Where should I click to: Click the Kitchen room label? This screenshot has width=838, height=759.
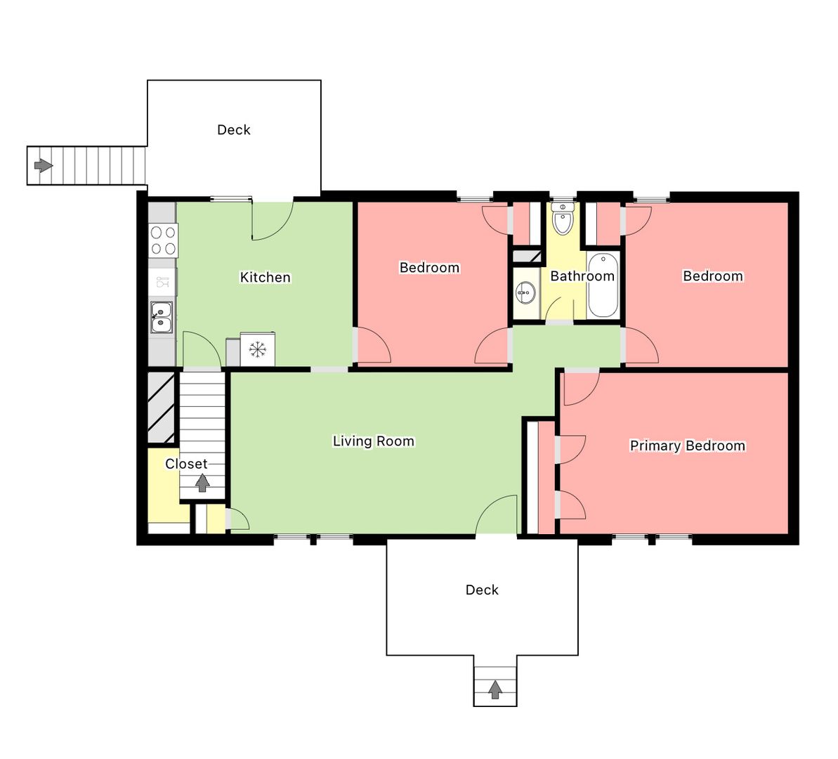tap(265, 277)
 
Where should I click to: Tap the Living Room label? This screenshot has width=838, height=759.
tap(374, 441)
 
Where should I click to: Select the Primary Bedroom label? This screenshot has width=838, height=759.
tap(687, 446)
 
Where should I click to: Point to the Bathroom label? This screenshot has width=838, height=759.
tap(582, 276)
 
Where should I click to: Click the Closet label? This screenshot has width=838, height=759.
tap(186, 464)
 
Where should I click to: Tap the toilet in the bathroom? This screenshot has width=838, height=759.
tap(563, 219)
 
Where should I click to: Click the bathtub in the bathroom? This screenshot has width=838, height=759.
tap(603, 285)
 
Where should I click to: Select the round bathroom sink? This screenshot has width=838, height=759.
tap(526, 292)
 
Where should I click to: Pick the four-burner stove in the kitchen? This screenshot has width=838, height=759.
tap(163, 240)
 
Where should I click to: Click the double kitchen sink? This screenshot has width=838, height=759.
tap(162, 317)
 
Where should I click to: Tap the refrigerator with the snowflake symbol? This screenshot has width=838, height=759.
tap(258, 349)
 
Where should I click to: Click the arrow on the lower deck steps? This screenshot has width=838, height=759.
tap(495, 689)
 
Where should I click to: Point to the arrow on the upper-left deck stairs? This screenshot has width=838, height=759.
tap(44, 165)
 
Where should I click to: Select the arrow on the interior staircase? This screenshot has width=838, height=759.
tap(202, 484)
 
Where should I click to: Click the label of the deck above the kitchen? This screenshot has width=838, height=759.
tap(233, 130)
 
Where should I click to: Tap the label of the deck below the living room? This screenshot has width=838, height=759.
tap(482, 590)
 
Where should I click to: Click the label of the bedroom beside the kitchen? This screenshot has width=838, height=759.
tap(430, 268)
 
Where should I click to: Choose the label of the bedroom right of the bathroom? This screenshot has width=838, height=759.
tap(713, 276)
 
